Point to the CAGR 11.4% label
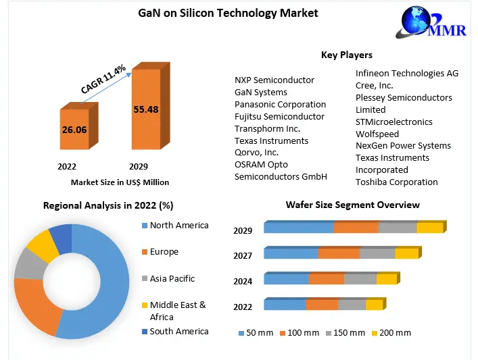click(x=103, y=80)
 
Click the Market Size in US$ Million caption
click(x=120, y=182)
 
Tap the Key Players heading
click(x=346, y=55)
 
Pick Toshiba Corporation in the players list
click(x=396, y=182)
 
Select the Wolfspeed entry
click(x=377, y=134)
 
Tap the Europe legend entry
click(x=164, y=252)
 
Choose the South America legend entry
click(x=179, y=331)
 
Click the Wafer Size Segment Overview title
click(x=352, y=205)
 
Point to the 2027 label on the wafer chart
click(x=243, y=255)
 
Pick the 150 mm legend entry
click(x=345, y=333)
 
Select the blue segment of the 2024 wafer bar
click(x=286, y=280)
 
